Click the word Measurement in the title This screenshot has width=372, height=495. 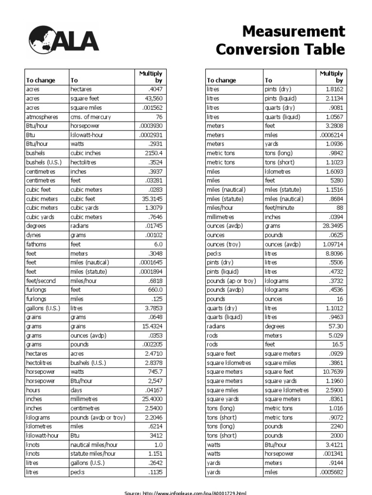click(294, 32)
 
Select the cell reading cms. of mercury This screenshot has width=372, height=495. click(90, 117)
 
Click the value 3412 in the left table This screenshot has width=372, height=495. click(156, 436)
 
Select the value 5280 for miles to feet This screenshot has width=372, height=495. click(336, 180)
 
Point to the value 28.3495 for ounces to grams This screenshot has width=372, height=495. click(331, 226)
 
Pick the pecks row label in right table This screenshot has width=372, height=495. click(214, 253)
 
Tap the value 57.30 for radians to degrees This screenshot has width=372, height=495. click(335, 326)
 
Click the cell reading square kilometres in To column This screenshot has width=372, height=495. click(286, 390)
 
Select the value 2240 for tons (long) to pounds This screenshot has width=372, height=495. click(336, 426)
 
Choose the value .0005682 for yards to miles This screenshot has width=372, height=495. click(331, 472)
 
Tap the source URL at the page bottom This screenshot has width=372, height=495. click(186, 492)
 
